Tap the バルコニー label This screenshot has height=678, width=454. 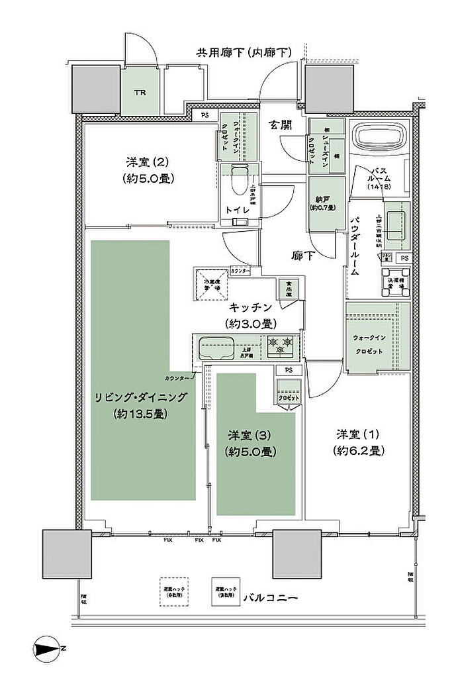[x=271, y=597]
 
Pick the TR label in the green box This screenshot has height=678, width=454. [x=140, y=92]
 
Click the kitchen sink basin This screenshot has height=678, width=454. [x=216, y=347]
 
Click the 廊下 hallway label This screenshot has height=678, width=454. [x=303, y=256]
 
